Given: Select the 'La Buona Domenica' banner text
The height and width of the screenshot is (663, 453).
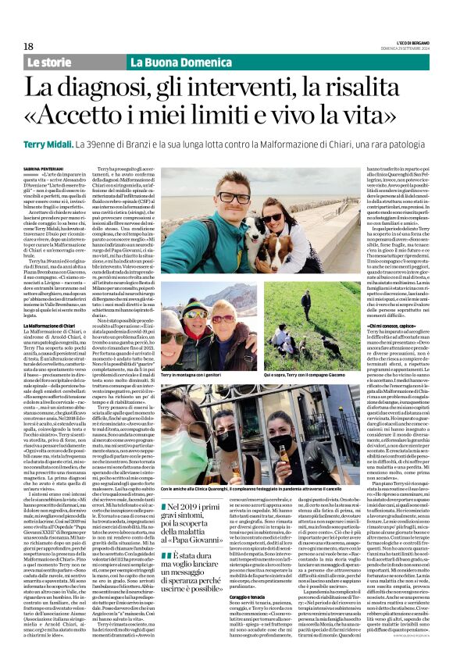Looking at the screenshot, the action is tap(164, 62).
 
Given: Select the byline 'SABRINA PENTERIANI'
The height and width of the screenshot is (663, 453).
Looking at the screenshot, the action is tap(41, 168).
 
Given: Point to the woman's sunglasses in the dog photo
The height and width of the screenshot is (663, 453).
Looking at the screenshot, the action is tap(273, 217).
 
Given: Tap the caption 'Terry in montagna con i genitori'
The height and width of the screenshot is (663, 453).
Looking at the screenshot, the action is tap(189, 376).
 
